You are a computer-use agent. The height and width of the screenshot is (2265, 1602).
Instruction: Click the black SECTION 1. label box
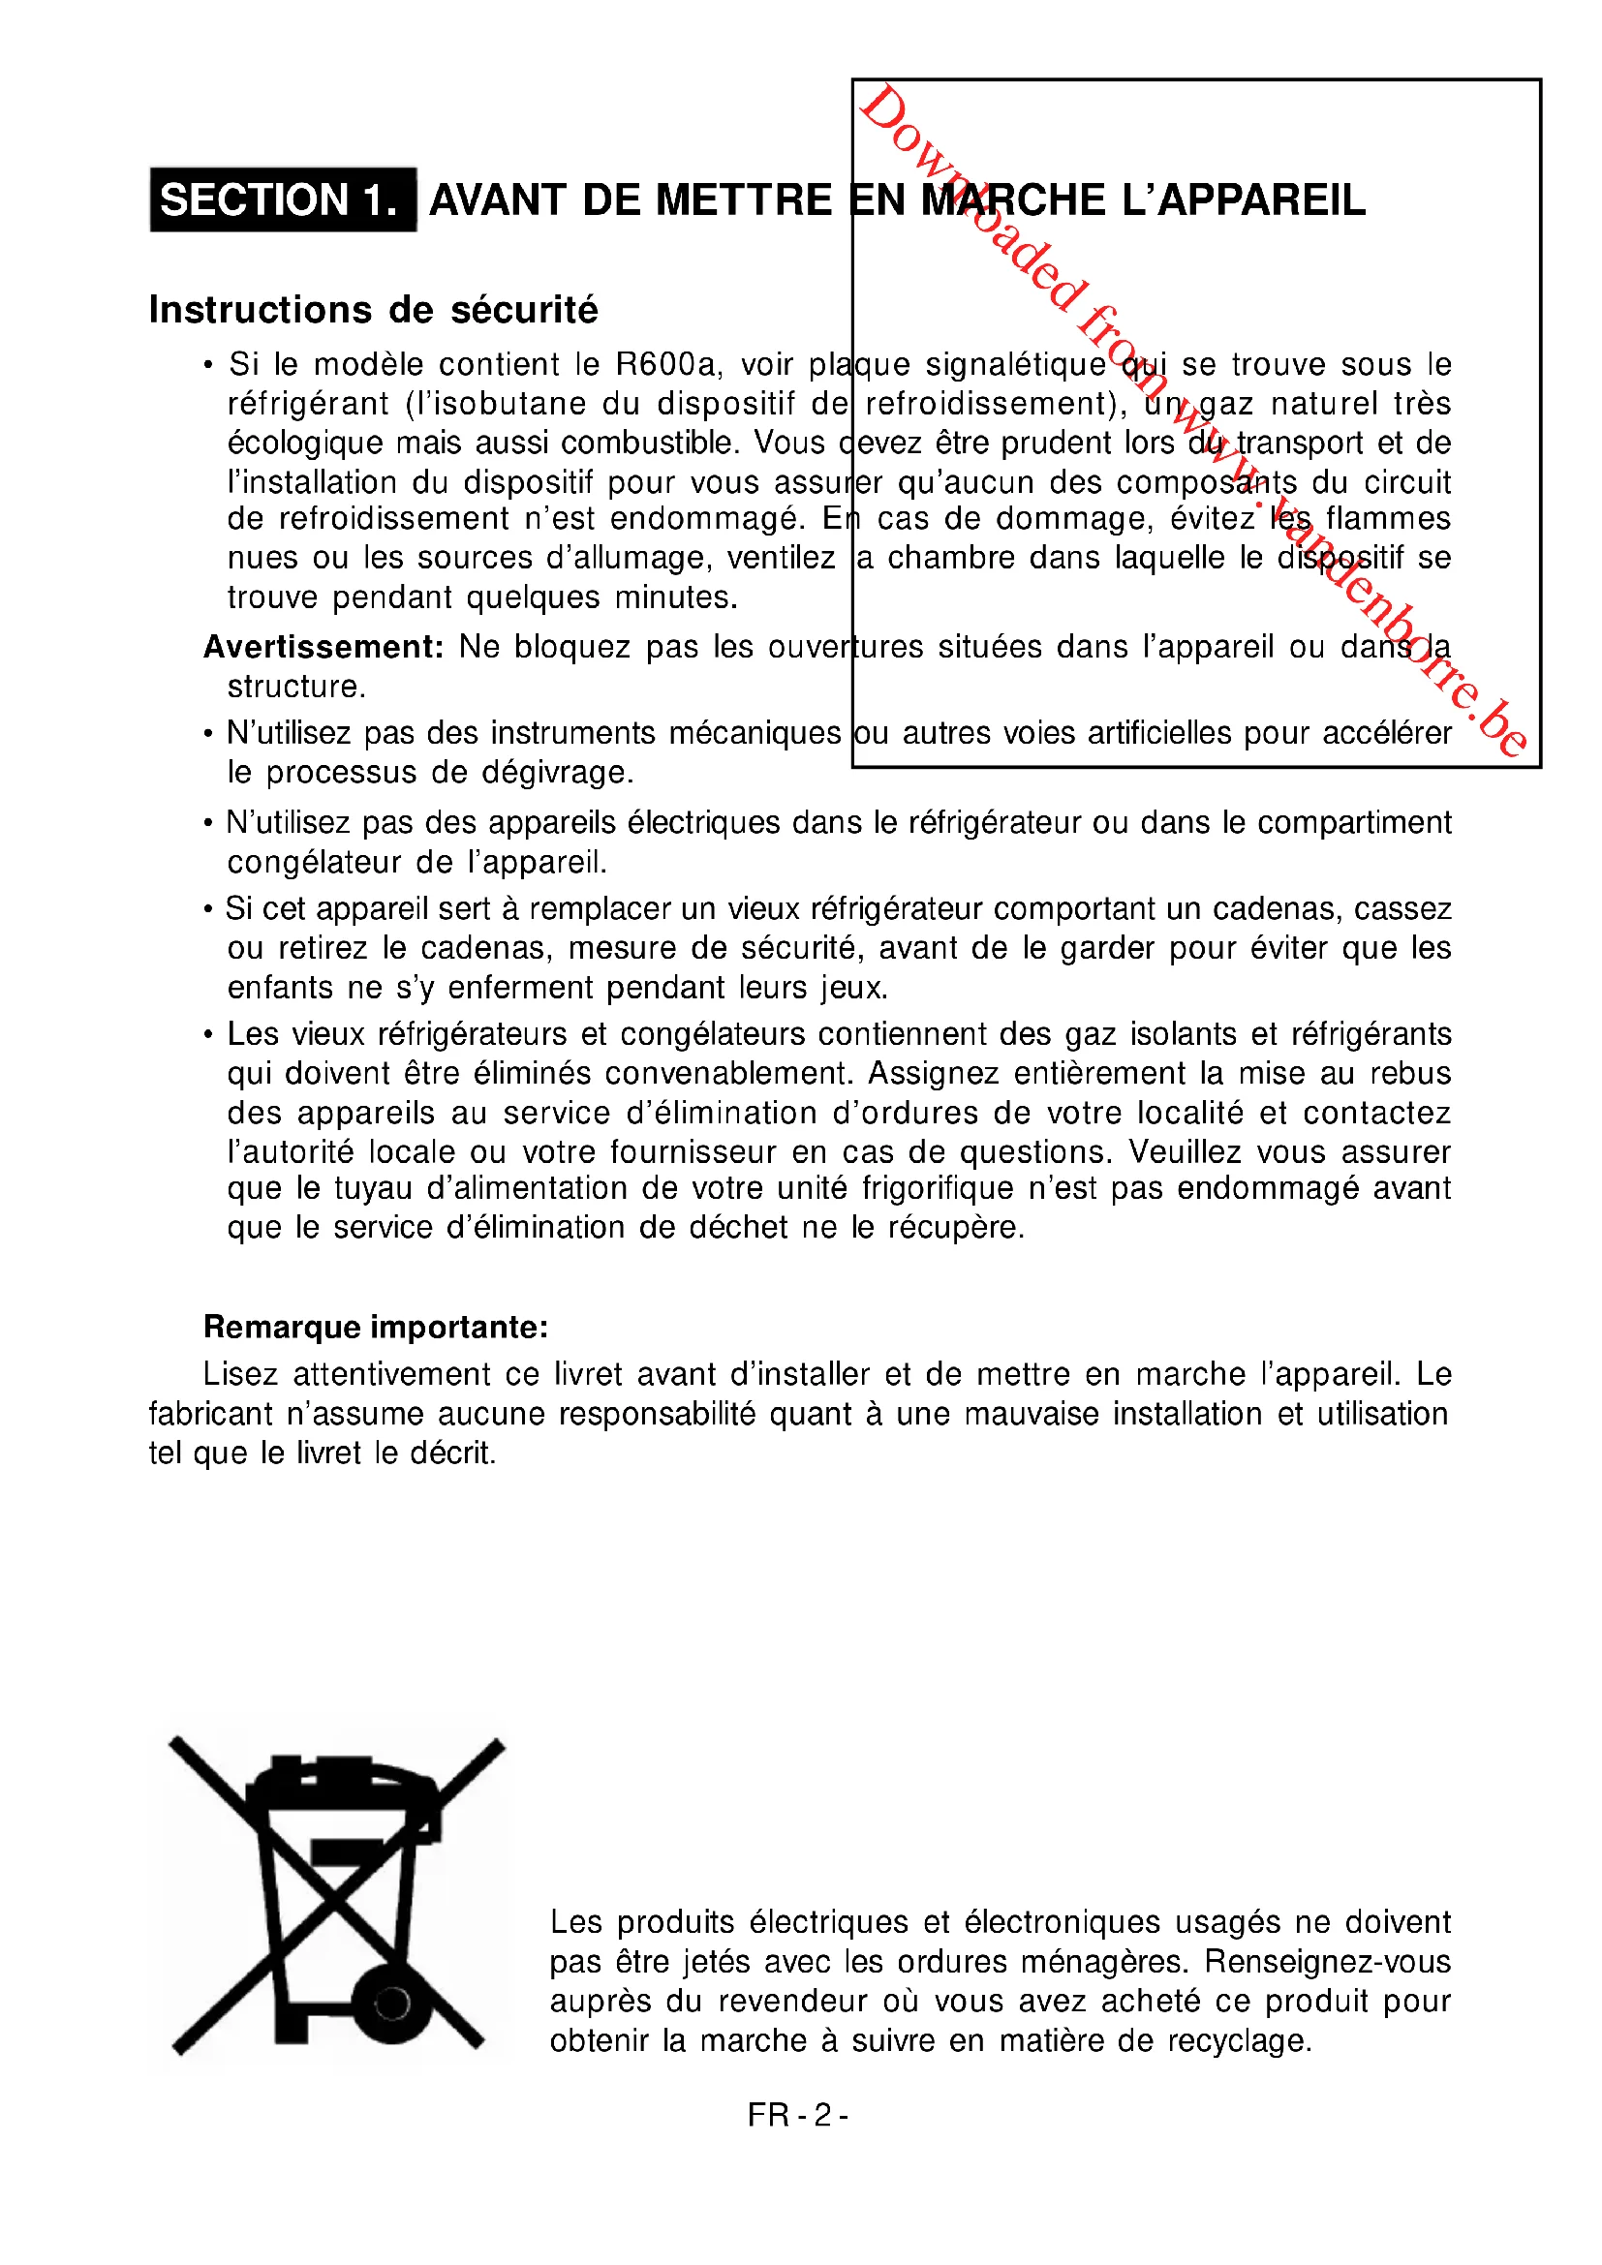coord(282,199)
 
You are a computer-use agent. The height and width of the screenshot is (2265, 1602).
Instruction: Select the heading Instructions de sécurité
coord(373,310)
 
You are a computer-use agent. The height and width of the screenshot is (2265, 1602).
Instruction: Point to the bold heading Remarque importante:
coord(375,1327)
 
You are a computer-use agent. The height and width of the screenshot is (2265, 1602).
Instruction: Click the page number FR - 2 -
coord(798,2115)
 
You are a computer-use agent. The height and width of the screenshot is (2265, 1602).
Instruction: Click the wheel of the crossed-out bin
coord(392,2003)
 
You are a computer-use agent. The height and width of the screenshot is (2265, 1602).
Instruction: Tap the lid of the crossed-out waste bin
coord(340,1778)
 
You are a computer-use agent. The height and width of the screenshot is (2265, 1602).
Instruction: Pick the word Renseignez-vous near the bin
coord(1327,1961)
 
